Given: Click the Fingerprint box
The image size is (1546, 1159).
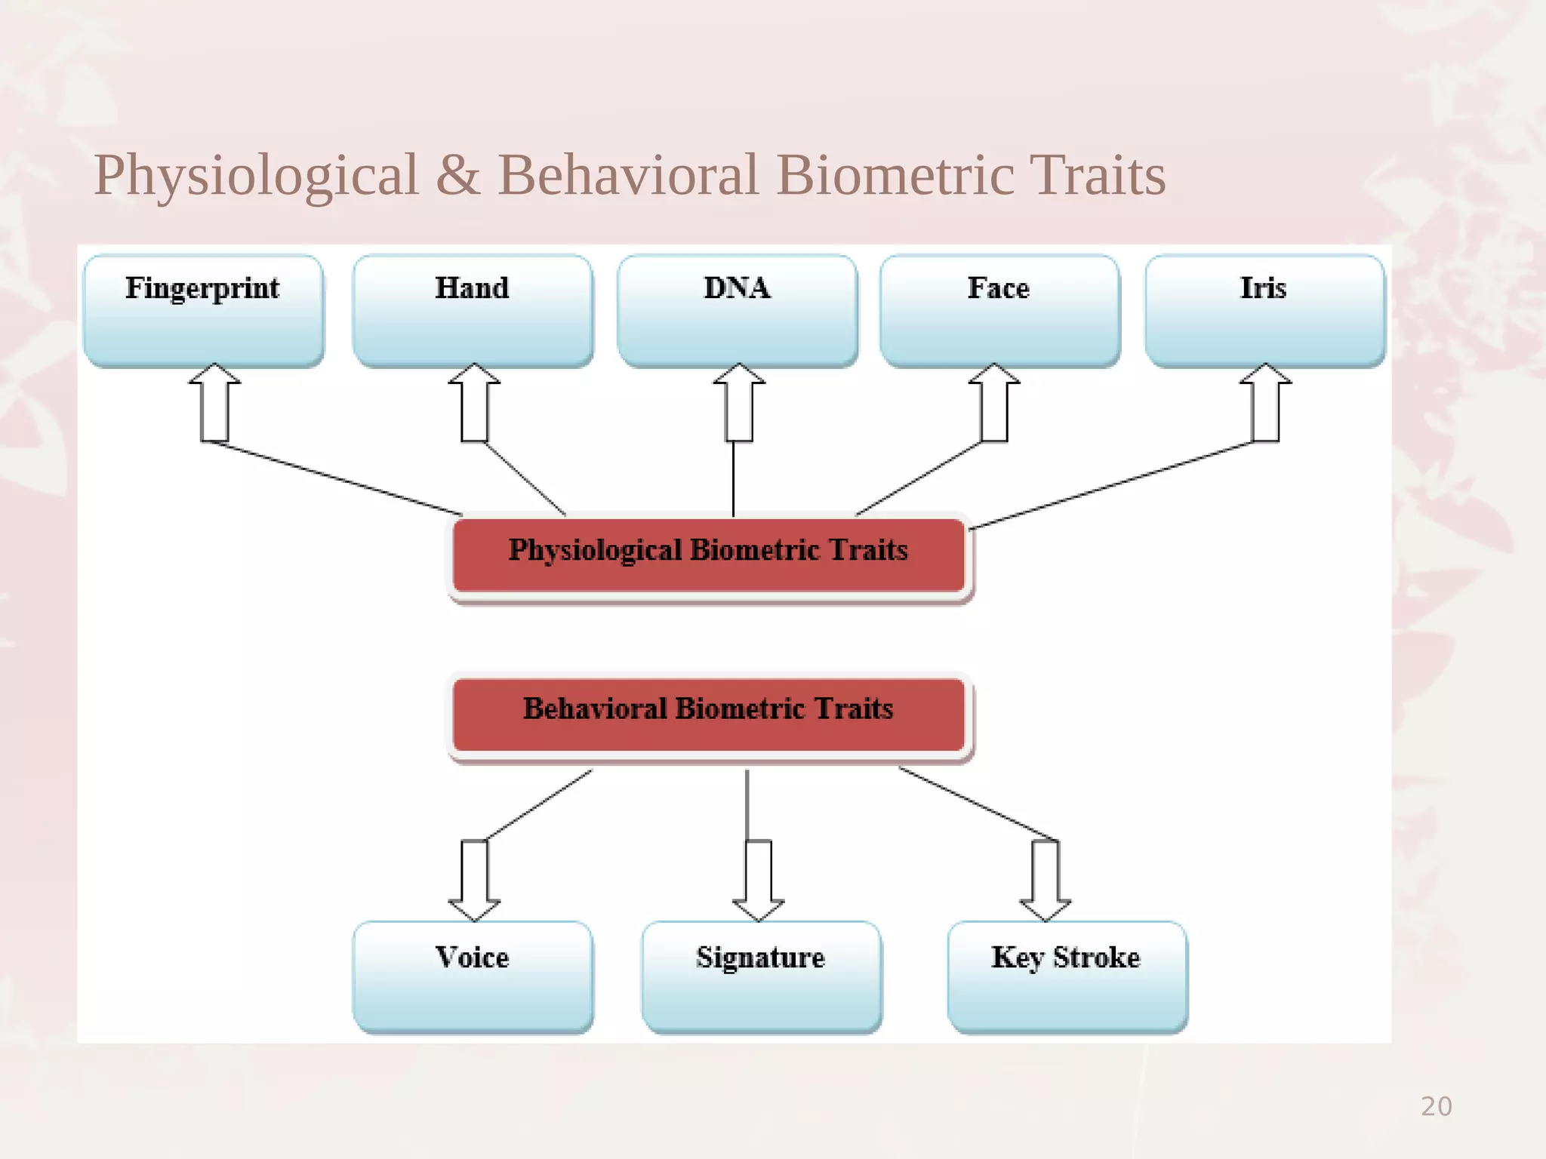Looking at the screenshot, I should (203, 311).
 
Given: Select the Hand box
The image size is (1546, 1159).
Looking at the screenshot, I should (473, 311).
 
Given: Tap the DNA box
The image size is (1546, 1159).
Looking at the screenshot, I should (737, 311).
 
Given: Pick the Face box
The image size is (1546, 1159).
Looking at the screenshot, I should (999, 311).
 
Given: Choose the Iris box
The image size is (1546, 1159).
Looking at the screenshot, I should (1264, 311).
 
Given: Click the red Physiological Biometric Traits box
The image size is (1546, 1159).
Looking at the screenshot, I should (708, 555).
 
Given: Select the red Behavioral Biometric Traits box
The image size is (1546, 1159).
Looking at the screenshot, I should (708, 714).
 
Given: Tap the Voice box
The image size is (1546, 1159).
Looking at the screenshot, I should (473, 976).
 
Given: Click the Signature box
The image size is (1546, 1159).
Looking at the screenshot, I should (761, 976).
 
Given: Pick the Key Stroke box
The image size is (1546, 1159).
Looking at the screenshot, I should (1067, 976).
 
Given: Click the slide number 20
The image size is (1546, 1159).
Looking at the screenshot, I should (1436, 1106).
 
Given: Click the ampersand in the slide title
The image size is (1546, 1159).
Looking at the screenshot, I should (457, 175).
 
